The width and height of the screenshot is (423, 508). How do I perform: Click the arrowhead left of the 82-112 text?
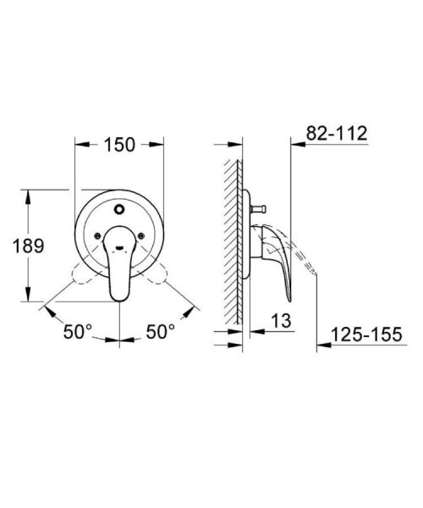pos(295,145)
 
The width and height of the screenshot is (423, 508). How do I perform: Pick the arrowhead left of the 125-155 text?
pos(322,345)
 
